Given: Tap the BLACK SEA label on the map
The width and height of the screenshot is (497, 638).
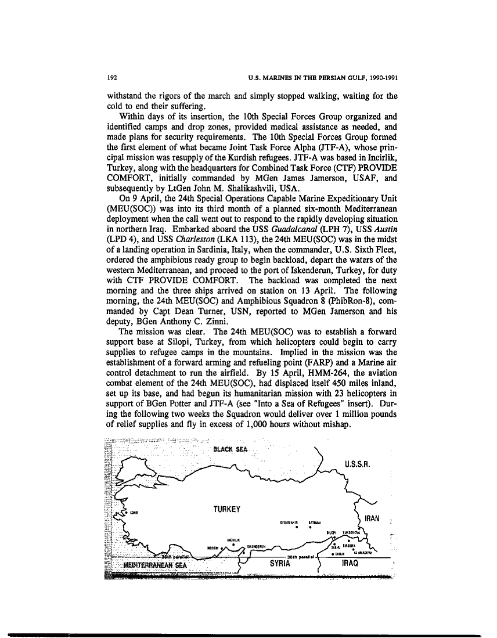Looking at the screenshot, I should click(x=231, y=449).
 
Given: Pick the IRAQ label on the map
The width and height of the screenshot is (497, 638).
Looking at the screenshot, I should click(x=353, y=563).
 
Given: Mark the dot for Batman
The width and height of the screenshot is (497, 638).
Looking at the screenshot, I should click(x=311, y=528).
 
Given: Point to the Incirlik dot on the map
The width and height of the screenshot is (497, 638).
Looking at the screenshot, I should click(x=233, y=544).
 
